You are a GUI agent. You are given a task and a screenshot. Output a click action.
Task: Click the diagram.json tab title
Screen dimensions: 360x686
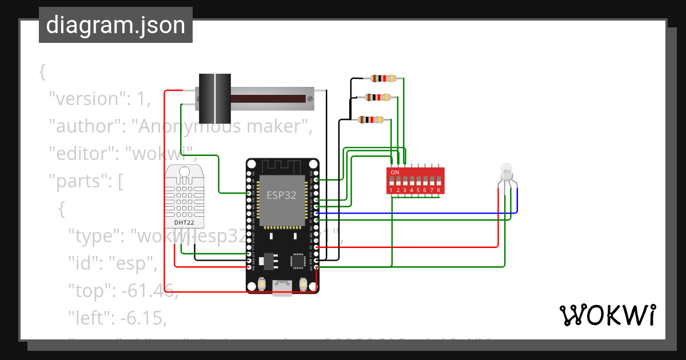point(115,26)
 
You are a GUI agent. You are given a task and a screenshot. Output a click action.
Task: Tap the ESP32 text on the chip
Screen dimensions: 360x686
point(282,195)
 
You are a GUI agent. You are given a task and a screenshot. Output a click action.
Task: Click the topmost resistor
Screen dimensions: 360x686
point(384,79)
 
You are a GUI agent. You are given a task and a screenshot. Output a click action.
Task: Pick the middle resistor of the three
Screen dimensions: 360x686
point(377,97)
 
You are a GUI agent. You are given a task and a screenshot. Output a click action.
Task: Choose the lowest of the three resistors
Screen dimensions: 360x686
point(370,119)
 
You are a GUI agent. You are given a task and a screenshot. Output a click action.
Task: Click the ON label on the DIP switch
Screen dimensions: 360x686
point(395,172)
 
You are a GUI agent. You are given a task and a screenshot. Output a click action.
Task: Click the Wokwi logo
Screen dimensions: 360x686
point(607,315)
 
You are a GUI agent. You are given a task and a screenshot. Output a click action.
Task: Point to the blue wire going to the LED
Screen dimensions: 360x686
point(417,214)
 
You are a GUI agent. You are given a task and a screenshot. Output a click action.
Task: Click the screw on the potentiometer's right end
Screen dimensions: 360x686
point(310,98)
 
